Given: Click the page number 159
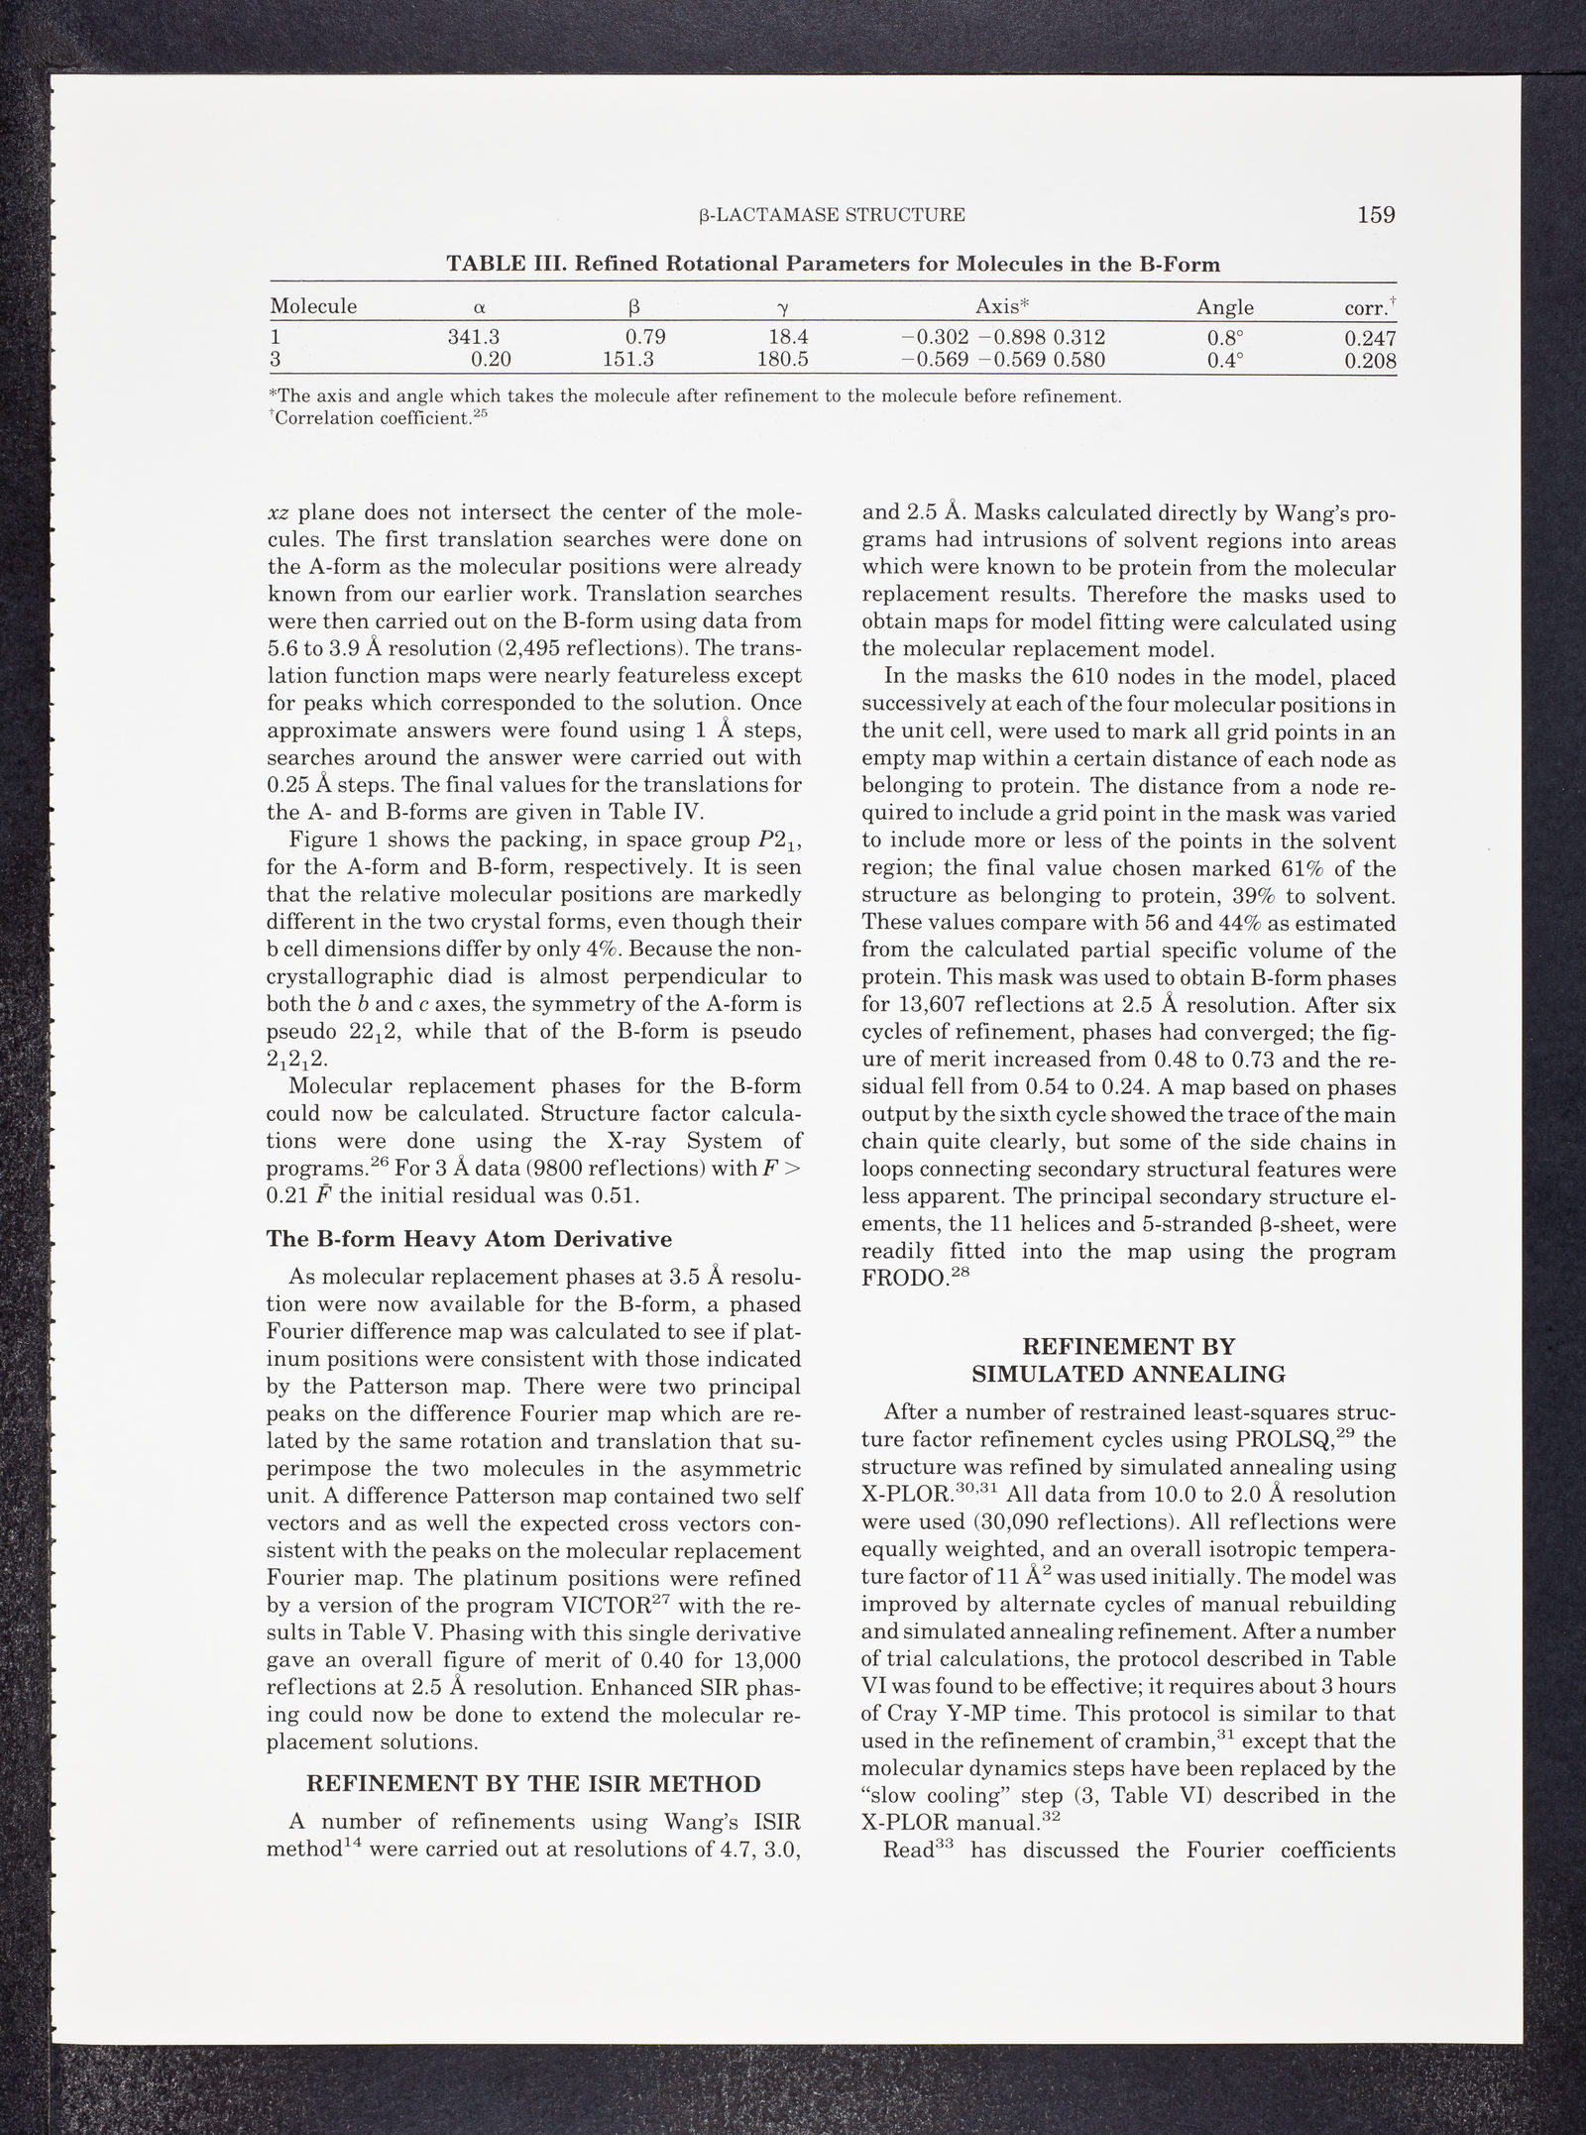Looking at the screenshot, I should click(x=1376, y=214).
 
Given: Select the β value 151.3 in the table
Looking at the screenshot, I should click(x=634, y=360).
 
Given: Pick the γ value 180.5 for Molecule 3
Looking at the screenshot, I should click(x=782, y=360).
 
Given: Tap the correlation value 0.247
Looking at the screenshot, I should click(x=1370, y=338).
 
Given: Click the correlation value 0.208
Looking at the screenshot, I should click(x=1370, y=361).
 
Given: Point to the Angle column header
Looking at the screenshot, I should click(x=1225, y=307).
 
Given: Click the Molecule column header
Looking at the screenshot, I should click(x=313, y=306).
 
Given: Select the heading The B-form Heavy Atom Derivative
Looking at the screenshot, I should click(x=470, y=1239).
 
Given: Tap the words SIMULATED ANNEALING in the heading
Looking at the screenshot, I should click(x=1128, y=1375).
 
